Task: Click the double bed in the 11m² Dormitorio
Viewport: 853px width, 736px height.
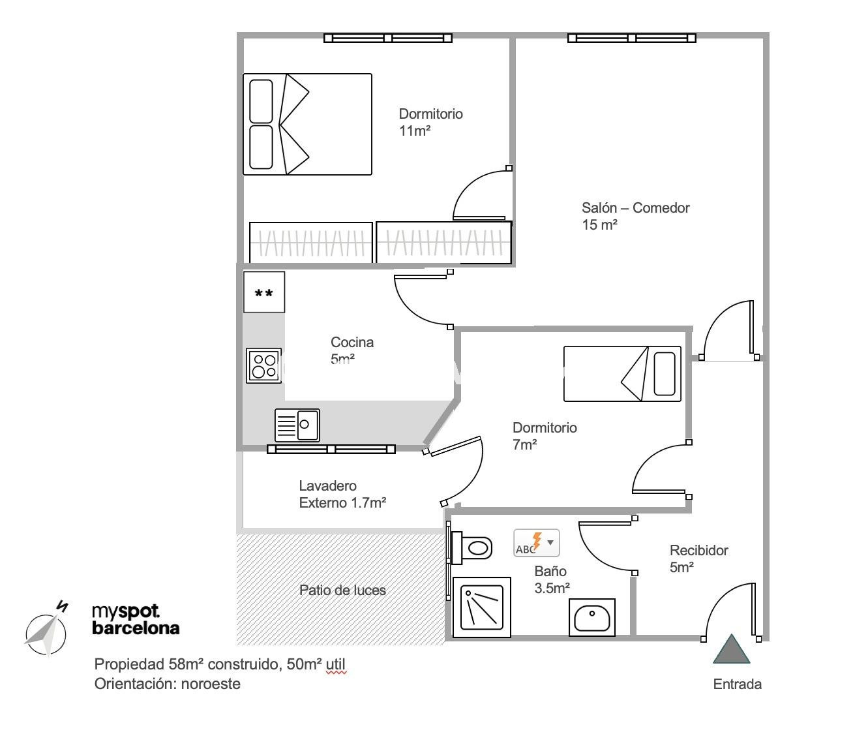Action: pyautogui.click(x=307, y=124)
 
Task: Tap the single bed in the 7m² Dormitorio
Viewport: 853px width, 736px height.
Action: pyautogui.click(x=622, y=374)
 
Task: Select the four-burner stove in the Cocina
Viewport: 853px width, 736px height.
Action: pyautogui.click(x=264, y=365)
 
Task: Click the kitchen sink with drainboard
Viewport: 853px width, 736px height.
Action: pyautogui.click(x=297, y=425)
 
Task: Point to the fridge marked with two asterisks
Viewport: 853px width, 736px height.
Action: pyautogui.click(x=264, y=292)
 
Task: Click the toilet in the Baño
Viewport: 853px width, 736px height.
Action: pyautogui.click(x=472, y=547)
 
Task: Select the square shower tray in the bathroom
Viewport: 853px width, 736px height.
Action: pyautogui.click(x=482, y=607)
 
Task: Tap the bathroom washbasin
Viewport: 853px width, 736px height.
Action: pyautogui.click(x=592, y=617)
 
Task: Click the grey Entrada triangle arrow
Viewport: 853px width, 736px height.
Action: pyautogui.click(x=731, y=650)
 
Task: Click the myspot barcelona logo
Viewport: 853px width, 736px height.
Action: pyautogui.click(x=136, y=620)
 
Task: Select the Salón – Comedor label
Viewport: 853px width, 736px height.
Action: pyautogui.click(x=635, y=208)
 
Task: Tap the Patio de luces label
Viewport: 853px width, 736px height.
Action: pyautogui.click(x=342, y=590)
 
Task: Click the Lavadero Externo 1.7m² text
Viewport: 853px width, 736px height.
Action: pyautogui.click(x=342, y=494)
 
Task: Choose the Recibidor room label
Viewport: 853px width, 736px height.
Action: pyautogui.click(x=698, y=550)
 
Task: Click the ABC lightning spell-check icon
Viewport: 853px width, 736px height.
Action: pyautogui.click(x=536, y=543)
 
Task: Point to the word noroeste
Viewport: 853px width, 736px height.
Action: pyautogui.click(x=211, y=684)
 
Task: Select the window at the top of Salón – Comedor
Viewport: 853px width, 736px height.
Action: pyautogui.click(x=631, y=38)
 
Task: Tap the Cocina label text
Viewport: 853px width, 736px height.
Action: pyautogui.click(x=352, y=342)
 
